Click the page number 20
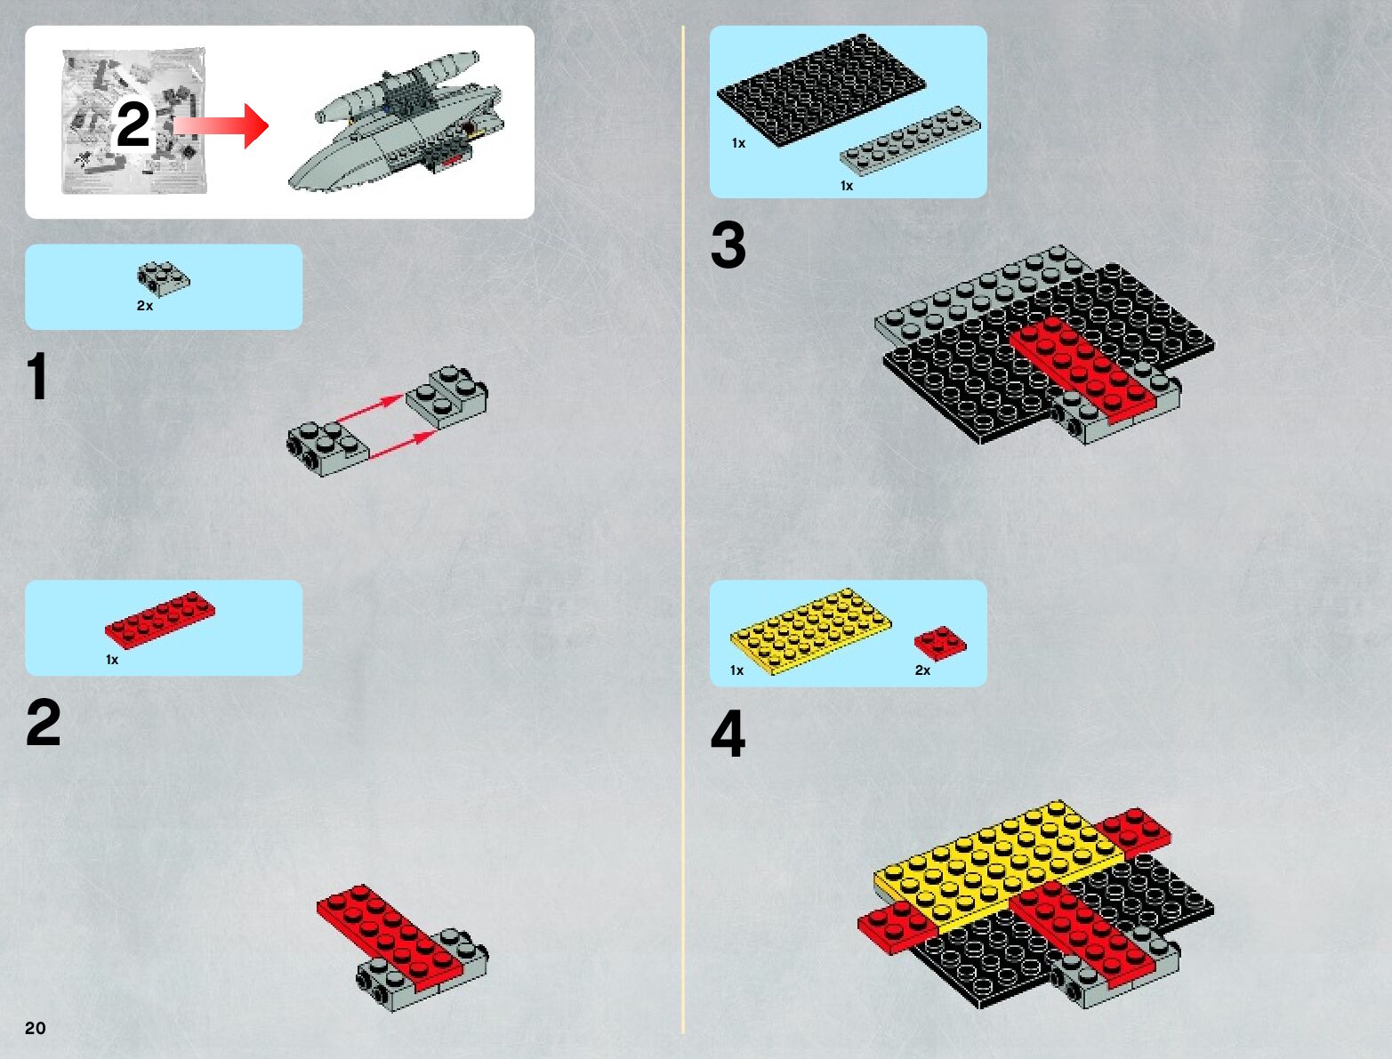(x=35, y=1027)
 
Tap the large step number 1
(x=37, y=375)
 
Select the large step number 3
(x=728, y=245)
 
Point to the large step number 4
(x=728, y=734)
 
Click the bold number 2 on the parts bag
(x=133, y=124)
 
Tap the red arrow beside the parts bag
(x=221, y=126)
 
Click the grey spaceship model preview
(x=395, y=121)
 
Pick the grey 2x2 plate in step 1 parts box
(x=164, y=278)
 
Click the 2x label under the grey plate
(x=145, y=306)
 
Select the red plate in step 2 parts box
(x=160, y=621)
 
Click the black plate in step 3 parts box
(x=821, y=90)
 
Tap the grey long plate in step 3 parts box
(x=911, y=140)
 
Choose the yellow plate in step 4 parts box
(x=810, y=630)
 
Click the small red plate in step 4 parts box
(x=940, y=643)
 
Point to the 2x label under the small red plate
(x=922, y=670)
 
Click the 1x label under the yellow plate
(x=736, y=670)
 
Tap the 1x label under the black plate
(x=739, y=143)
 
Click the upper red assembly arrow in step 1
(x=370, y=407)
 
